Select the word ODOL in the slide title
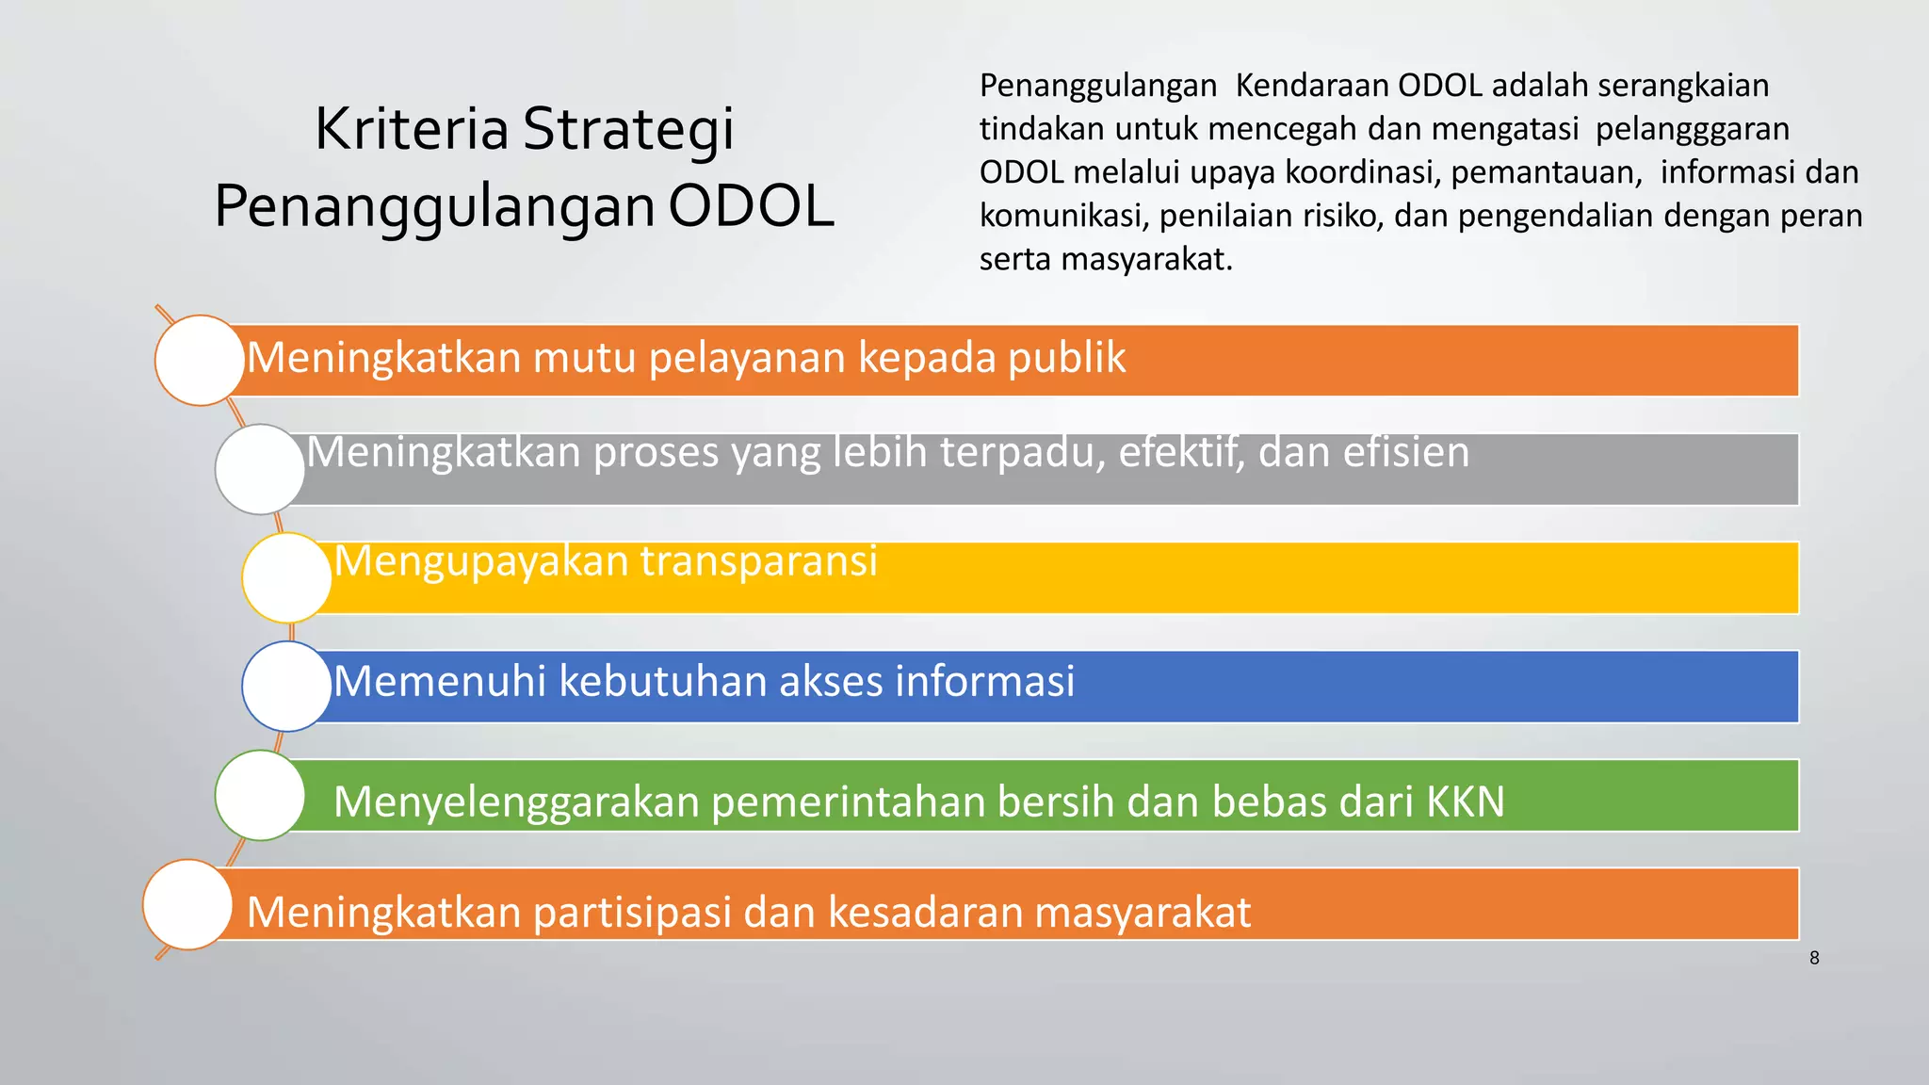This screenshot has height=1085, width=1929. click(x=751, y=206)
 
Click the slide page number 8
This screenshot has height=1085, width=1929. click(x=1814, y=958)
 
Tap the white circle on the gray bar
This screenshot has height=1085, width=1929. click(x=260, y=469)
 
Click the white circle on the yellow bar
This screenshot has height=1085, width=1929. click(x=286, y=577)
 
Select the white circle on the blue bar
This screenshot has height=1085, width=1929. click(x=286, y=687)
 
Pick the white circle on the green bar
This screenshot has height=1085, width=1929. click(x=260, y=796)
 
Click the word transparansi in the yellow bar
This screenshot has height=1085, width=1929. click(x=758, y=561)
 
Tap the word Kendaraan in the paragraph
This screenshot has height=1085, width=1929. click(x=1312, y=86)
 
